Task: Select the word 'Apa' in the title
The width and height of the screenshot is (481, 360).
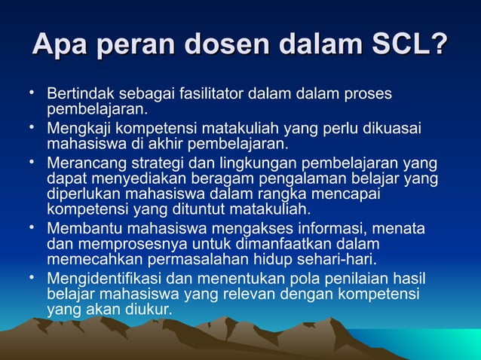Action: [60, 44]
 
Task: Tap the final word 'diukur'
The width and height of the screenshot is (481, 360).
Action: [149, 310]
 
